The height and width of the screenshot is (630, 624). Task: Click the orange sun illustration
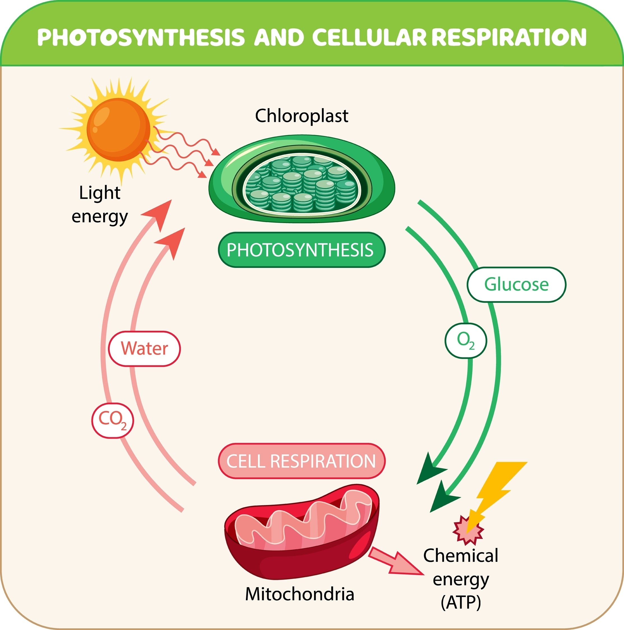[x=118, y=130]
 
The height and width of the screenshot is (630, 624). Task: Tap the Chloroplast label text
[x=301, y=116]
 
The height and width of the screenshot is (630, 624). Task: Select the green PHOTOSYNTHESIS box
[x=301, y=250]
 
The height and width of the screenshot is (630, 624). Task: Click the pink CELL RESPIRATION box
[x=301, y=461]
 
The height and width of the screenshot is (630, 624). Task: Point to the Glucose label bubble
[x=516, y=284]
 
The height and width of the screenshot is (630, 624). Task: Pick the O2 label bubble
[x=466, y=341]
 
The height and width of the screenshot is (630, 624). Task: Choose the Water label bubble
[x=144, y=349]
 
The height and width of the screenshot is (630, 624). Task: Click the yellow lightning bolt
[x=496, y=489]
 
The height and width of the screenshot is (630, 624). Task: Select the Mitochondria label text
[x=300, y=594]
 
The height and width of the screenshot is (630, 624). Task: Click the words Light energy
[x=100, y=205]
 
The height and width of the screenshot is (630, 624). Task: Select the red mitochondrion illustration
[x=302, y=535]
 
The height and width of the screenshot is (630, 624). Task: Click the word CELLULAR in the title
[x=369, y=37]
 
